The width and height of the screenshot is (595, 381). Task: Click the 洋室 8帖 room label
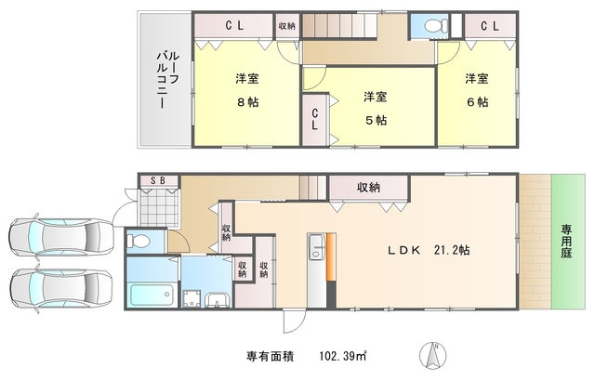[x=246, y=90]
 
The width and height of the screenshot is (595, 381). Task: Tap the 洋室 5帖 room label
[x=375, y=108]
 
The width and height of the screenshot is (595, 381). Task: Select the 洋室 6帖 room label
[x=477, y=90]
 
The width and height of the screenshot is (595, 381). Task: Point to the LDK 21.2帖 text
[x=428, y=250]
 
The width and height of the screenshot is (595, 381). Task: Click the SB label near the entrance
[x=152, y=180]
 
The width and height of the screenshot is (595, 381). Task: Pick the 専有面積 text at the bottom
[x=270, y=356]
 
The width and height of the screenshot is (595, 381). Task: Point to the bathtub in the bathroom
[x=151, y=296]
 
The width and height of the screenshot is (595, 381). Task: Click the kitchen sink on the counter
[x=315, y=245]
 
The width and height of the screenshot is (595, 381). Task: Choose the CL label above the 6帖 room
[x=489, y=26]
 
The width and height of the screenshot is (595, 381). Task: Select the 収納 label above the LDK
[x=368, y=187]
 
